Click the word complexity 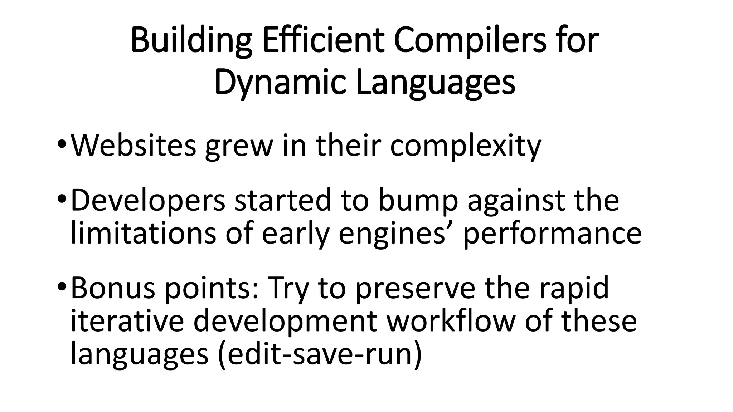(465, 146)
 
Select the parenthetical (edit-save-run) (320, 354)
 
